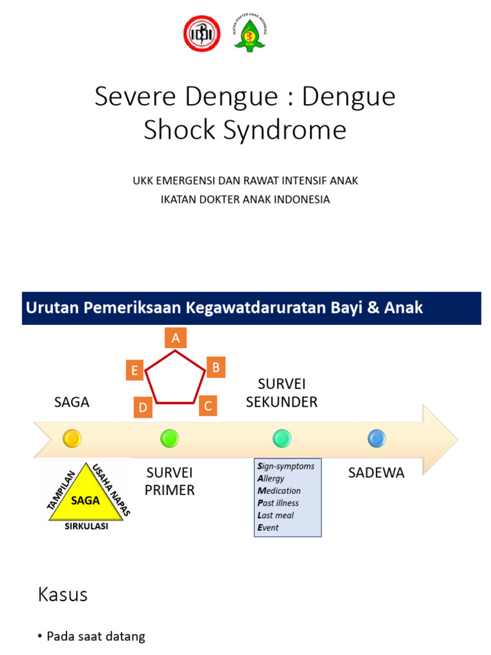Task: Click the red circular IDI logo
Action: point(203,33)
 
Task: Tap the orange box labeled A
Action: point(175,338)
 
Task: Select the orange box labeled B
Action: point(215,367)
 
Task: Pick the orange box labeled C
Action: point(208,406)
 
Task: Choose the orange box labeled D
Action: point(143,407)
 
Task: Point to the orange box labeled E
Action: point(134,370)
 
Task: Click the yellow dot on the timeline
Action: point(72,438)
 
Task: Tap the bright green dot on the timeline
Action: point(169,438)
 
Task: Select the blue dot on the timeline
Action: point(377,438)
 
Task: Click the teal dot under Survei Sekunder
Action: point(281,438)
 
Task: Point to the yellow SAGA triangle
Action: point(85,500)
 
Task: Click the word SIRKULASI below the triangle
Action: point(86,526)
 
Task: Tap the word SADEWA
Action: point(377,473)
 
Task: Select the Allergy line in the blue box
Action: point(270,478)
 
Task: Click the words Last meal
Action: point(276,515)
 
